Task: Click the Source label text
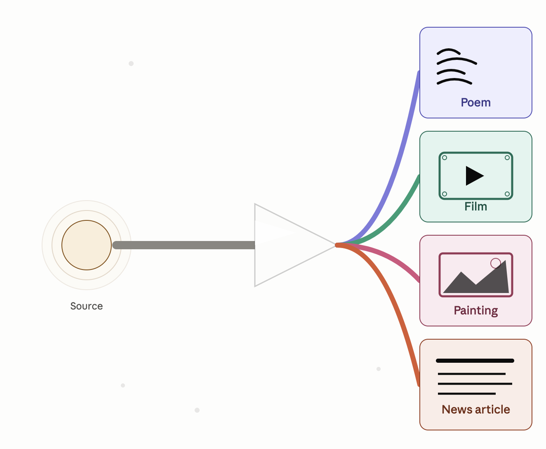[x=87, y=306]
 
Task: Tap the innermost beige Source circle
[x=87, y=245]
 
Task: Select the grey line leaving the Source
[x=184, y=245]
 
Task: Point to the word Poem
[x=475, y=103]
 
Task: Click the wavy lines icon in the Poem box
[x=457, y=66]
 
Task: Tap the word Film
[x=475, y=206]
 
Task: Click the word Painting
[x=475, y=310]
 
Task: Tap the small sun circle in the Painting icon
[x=496, y=263]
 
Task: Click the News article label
[x=475, y=409]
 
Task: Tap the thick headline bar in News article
[x=475, y=361]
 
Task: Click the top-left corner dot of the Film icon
[x=445, y=158]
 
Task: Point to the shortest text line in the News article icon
[x=466, y=394]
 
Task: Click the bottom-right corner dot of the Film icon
[x=507, y=194]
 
